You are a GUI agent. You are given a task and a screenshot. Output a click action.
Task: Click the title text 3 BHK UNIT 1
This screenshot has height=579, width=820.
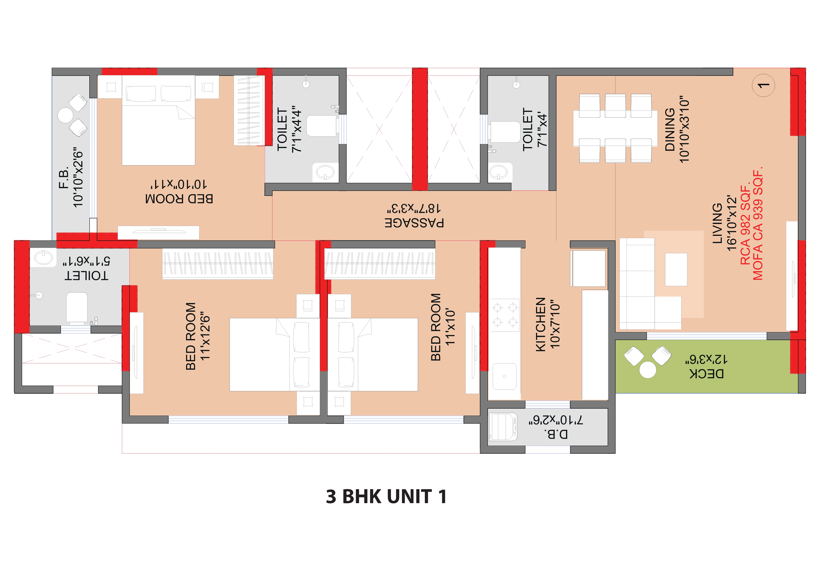tap(386, 496)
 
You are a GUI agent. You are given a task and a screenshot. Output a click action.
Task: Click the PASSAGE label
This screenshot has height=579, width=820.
tap(414, 223)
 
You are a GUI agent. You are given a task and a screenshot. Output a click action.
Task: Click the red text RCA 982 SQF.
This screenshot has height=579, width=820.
tap(745, 225)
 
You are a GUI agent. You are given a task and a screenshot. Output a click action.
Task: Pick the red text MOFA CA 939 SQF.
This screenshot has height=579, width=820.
tap(758, 223)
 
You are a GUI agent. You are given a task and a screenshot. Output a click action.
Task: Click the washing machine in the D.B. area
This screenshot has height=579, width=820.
tap(503, 427)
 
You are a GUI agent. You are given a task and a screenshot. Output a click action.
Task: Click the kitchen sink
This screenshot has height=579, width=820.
tap(504, 376)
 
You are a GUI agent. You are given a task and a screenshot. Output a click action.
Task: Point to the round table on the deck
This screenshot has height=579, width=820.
tap(648, 370)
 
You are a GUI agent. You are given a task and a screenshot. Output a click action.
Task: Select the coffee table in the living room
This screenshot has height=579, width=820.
tap(676, 270)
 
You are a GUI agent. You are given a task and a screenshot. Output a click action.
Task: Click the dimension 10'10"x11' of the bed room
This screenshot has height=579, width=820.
tap(179, 184)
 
